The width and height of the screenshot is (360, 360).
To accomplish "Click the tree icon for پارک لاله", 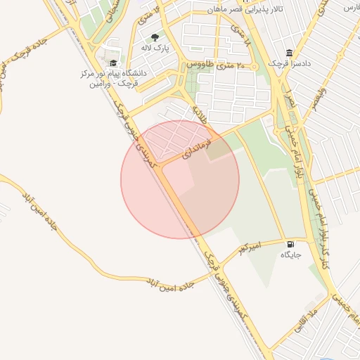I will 155,37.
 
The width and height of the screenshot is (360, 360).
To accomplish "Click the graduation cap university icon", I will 113,63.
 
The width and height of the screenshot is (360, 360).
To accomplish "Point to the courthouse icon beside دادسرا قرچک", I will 290,53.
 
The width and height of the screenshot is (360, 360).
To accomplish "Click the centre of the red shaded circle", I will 180,179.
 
